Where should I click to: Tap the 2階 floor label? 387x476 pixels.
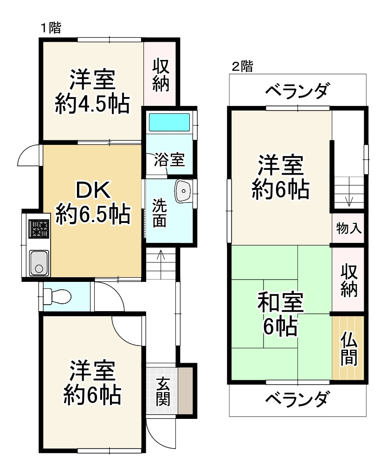[x=242, y=66]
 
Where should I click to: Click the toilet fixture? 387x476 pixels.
[x=56, y=295]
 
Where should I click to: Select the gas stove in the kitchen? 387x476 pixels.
[x=39, y=228]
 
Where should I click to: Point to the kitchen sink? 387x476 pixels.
[x=39, y=263]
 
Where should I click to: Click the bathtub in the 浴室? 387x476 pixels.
[x=169, y=122]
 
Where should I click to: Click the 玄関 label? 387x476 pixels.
[x=162, y=391]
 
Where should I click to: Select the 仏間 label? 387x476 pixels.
[x=348, y=349]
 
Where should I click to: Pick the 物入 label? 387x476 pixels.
[x=349, y=228]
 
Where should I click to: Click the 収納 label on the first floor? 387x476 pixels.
[x=161, y=74]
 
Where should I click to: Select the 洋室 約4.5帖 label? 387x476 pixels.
[x=92, y=91]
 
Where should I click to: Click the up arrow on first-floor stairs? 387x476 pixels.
[x=161, y=255]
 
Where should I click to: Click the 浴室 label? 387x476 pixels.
[x=169, y=160]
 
